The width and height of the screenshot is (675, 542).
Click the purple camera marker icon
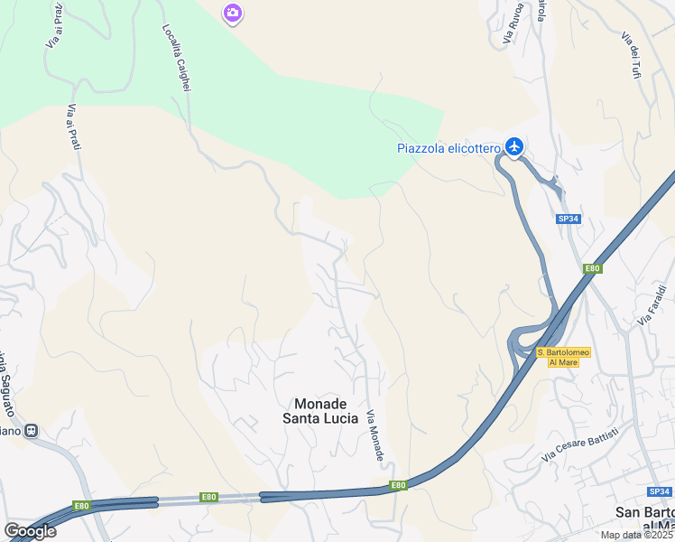click(233, 13)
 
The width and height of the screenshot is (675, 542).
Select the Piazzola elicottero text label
click(448, 149)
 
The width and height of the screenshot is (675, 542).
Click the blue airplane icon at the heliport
click(514, 145)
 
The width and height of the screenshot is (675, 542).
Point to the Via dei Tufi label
click(630, 54)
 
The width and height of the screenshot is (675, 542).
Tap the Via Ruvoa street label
click(513, 23)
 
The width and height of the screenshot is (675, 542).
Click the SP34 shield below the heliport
click(567, 219)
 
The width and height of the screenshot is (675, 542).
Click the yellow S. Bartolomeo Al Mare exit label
click(563, 357)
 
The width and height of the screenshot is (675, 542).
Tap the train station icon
click(32, 431)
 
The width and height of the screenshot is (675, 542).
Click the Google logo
click(30, 530)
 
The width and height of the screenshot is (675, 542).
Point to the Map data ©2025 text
click(635, 535)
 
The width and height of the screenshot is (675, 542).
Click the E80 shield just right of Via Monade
click(397, 486)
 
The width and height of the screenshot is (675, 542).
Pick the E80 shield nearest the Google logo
click(81, 506)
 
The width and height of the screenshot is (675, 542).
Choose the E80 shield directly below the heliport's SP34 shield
click(592, 268)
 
